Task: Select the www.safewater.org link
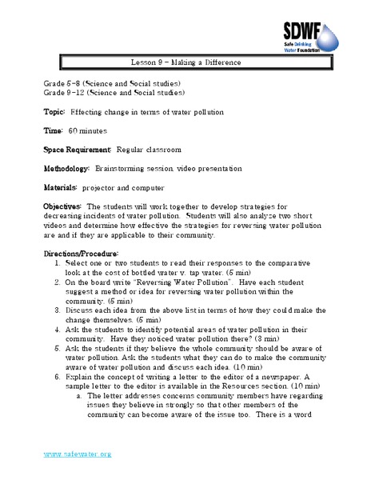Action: point(78,454)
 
